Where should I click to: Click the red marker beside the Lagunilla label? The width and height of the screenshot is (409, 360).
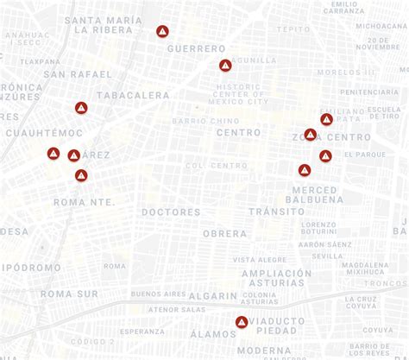point(225,66)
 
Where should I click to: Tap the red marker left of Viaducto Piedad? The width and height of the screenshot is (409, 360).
point(242,323)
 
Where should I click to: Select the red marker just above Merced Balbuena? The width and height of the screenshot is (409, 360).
point(305,170)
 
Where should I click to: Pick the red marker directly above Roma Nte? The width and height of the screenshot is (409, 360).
point(81,175)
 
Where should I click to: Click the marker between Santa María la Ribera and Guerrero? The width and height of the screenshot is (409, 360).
point(162,32)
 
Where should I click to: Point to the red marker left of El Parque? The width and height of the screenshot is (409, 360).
point(325,156)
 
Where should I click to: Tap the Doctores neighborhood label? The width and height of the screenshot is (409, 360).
point(171,212)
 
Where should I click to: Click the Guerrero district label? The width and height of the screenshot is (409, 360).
point(196,49)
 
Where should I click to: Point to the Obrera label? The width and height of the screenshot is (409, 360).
point(224,234)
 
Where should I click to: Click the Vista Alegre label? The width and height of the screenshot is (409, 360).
point(260,259)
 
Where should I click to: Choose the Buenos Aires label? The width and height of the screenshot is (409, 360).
point(158,294)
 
